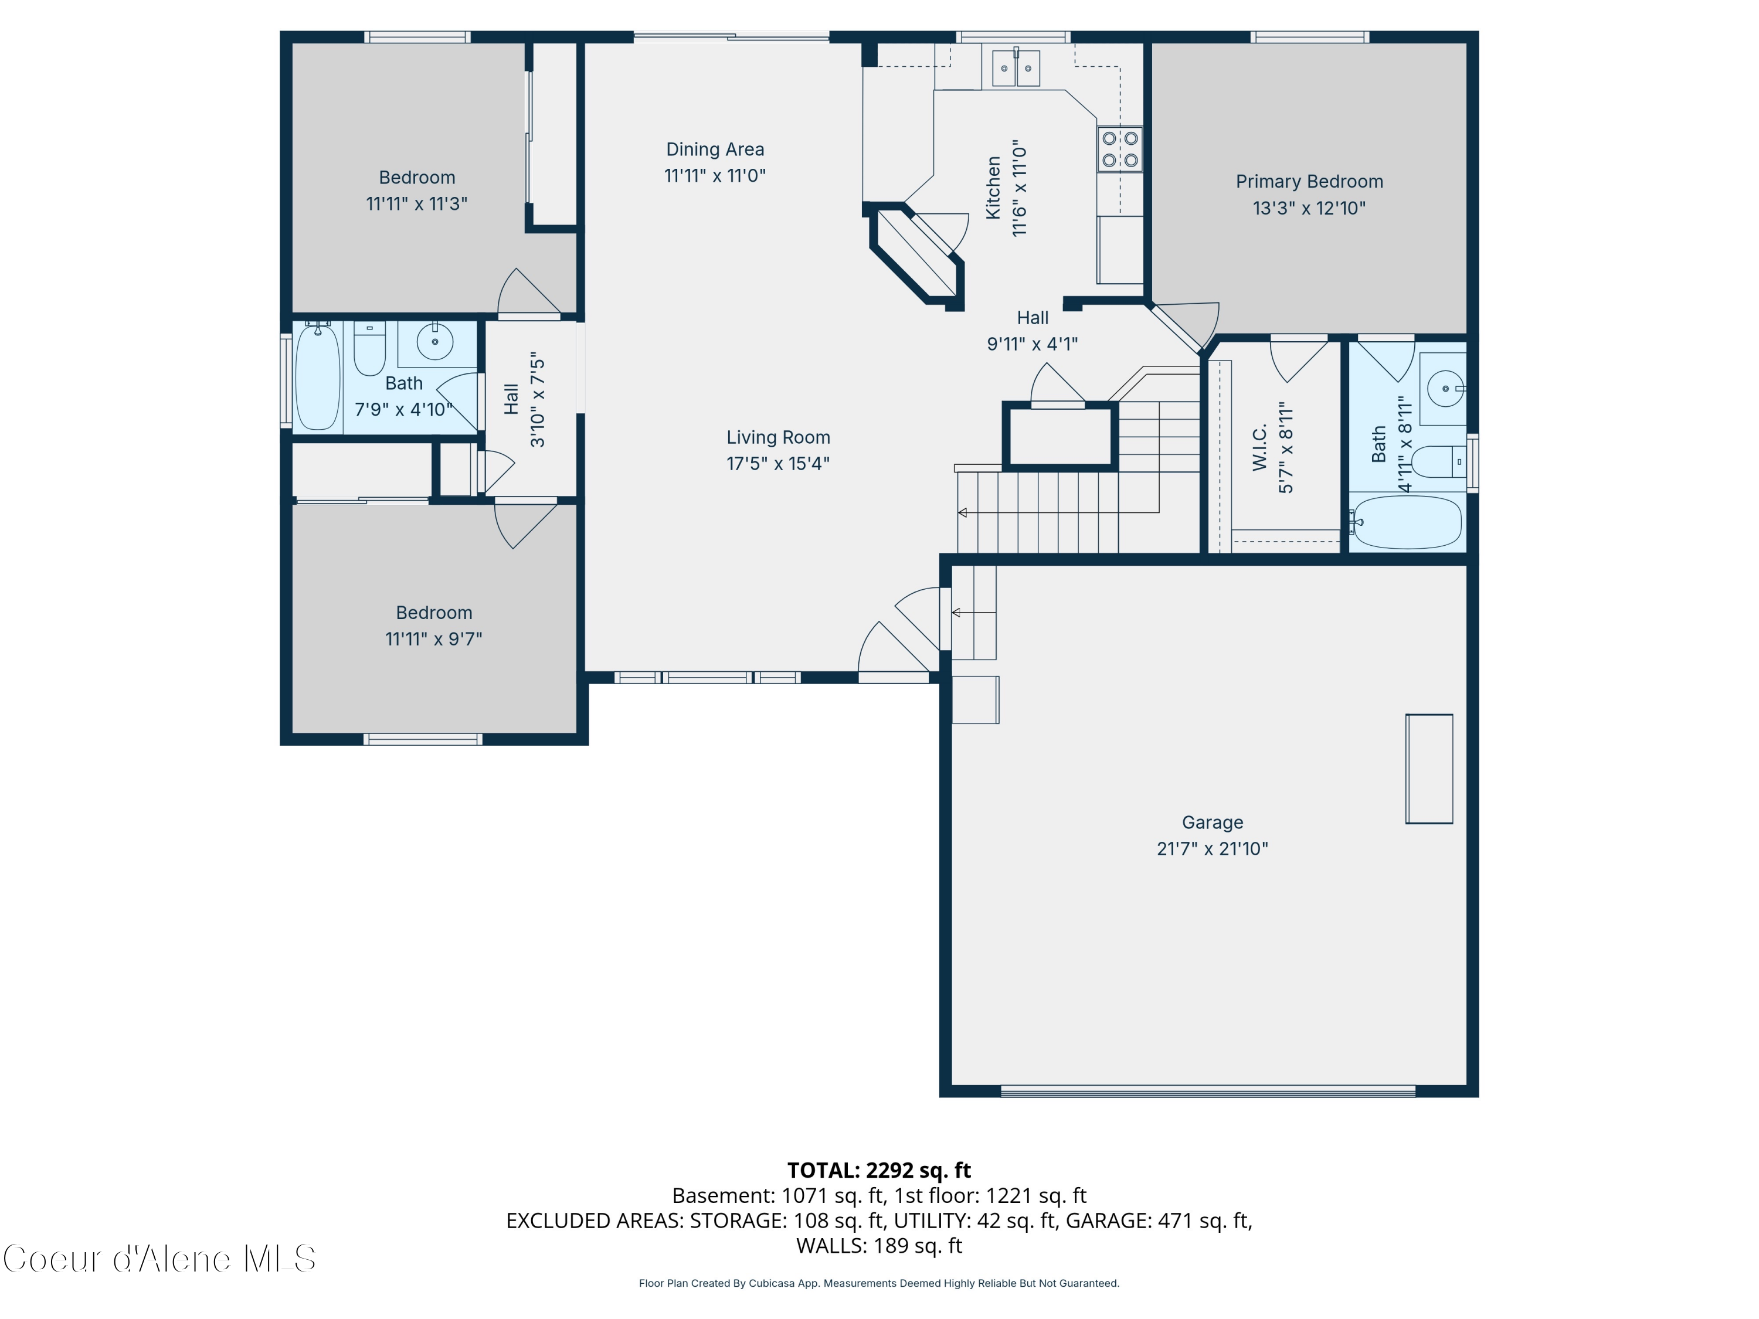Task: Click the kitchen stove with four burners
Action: (1120, 149)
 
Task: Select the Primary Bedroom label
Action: (1309, 181)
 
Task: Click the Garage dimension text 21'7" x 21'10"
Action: (1212, 848)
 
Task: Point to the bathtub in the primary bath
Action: (1408, 522)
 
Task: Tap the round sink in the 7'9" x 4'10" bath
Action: (435, 342)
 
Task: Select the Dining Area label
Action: (715, 149)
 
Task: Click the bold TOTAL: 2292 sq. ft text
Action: (879, 1170)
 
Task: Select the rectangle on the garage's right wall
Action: (1429, 769)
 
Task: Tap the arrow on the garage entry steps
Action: (957, 612)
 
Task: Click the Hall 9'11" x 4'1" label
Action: (1032, 318)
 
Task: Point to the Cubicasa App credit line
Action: (879, 1283)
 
